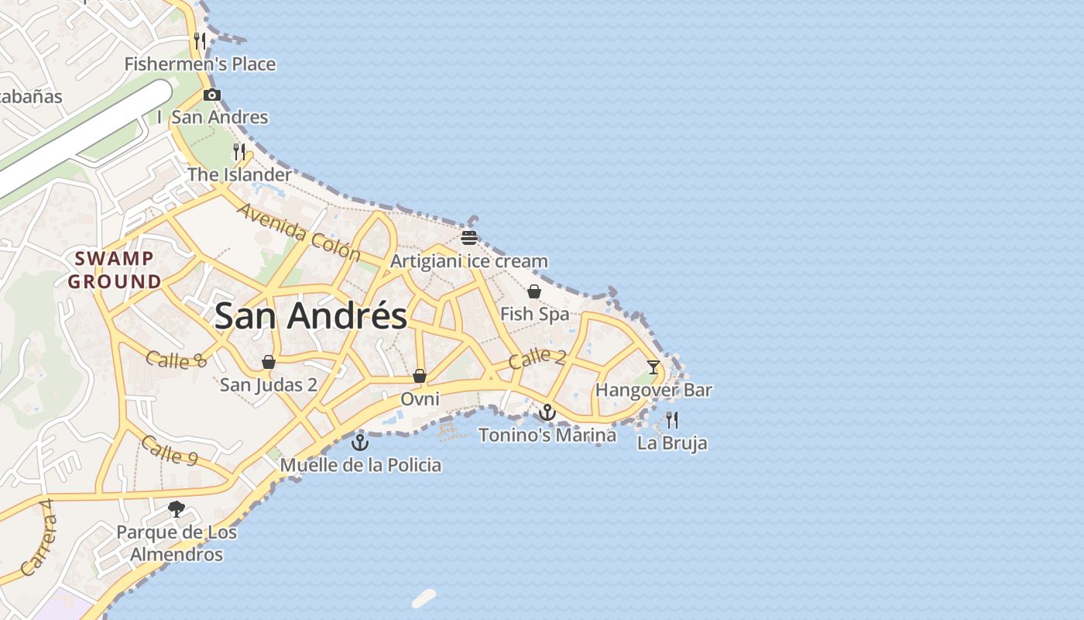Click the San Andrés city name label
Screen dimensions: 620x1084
pos(310,316)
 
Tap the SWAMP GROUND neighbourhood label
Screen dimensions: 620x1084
pos(115,270)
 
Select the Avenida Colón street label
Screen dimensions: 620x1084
pos(299,231)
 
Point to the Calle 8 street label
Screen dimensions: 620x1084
pos(177,360)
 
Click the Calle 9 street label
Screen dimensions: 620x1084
pos(169,449)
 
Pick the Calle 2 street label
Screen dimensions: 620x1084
pos(537,358)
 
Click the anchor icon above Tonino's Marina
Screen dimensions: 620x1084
pos(547,412)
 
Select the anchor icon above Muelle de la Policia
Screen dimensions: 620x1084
pos(359,443)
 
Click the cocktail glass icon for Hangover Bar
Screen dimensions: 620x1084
pos(653,367)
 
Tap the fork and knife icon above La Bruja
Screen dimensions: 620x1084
pos(672,420)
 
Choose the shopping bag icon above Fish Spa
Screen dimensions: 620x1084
pos(534,291)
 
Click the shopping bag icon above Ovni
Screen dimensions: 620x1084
pos(420,376)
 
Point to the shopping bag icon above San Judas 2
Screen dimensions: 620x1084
pos(269,362)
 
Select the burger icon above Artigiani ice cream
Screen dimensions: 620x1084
pos(469,237)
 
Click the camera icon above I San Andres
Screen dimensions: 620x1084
pos(212,95)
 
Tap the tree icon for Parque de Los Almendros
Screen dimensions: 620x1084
pos(177,509)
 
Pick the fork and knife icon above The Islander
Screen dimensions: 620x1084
pos(239,151)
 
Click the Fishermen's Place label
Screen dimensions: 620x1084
pos(200,64)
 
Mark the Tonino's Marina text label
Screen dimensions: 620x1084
pos(547,435)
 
